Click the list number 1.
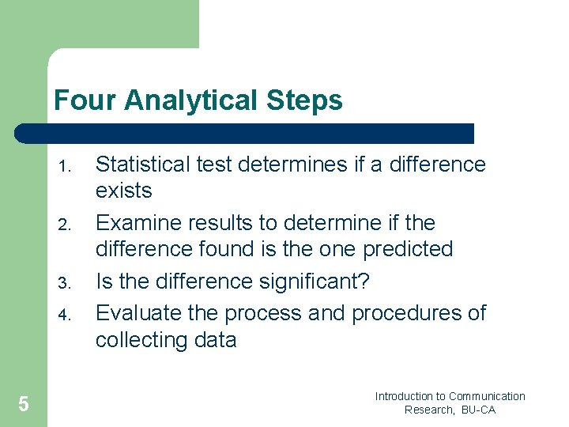(x=66, y=167)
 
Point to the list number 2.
(x=66, y=225)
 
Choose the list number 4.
(x=66, y=316)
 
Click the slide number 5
(x=24, y=405)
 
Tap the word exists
(x=123, y=191)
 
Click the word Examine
(x=142, y=223)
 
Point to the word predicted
(x=408, y=249)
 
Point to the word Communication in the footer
(x=487, y=396)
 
